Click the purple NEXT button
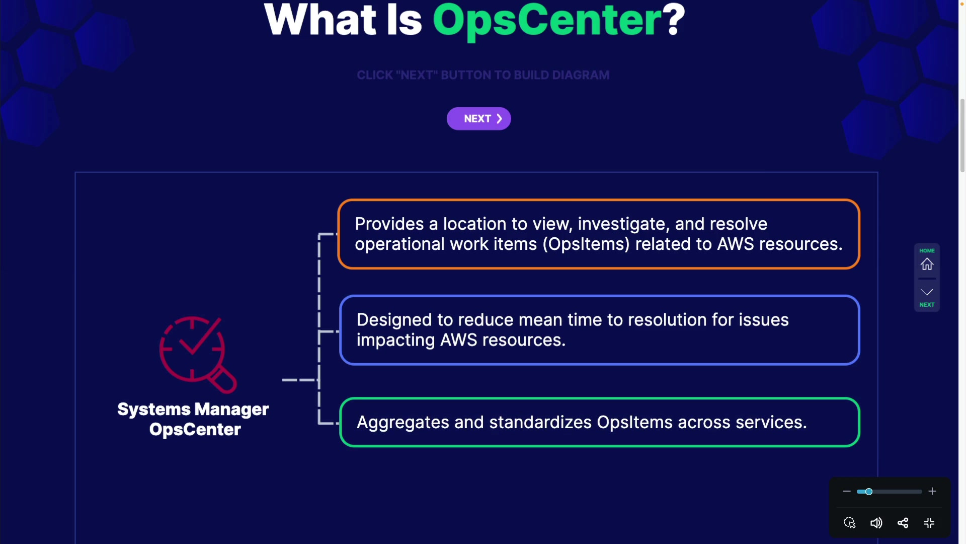point(478,119)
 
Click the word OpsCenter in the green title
point(547,21)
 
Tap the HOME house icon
point(927,264)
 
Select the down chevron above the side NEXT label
point(927,292)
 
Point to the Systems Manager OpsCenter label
point(194,419)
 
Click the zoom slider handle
point(868,492)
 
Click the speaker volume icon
point(876,523)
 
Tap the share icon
point(903,523)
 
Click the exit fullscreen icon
point(929,523)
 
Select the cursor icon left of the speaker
point(849,523)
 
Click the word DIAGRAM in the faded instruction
point(581,75)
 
